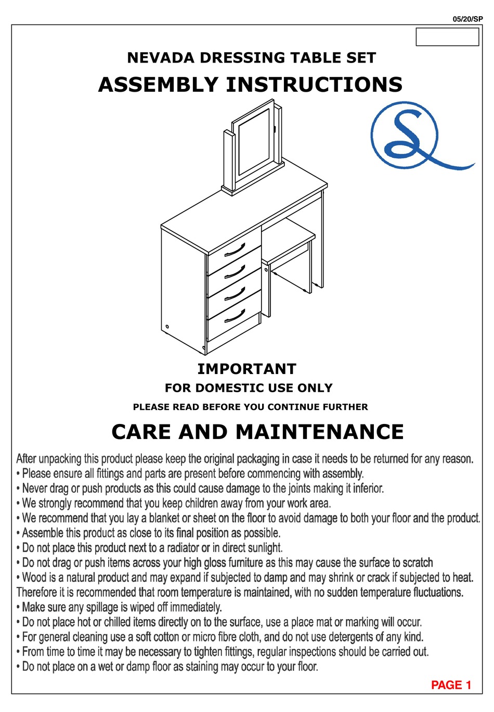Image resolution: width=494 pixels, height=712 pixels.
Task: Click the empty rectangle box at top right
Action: [447, 37]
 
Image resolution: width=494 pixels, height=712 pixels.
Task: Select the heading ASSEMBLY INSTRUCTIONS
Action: [250, 84]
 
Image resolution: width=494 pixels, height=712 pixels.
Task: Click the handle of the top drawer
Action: [235, 251]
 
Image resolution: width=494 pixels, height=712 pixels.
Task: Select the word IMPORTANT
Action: [246, 369]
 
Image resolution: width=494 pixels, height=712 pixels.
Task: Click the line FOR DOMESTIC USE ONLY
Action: [249, 388]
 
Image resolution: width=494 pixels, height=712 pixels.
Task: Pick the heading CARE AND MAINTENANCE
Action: [257, 432]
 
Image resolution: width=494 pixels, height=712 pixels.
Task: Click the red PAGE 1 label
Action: [451, 685]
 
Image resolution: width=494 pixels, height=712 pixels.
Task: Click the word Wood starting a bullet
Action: [34, 578]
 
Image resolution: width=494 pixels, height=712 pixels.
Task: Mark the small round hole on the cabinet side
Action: [167, 327]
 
